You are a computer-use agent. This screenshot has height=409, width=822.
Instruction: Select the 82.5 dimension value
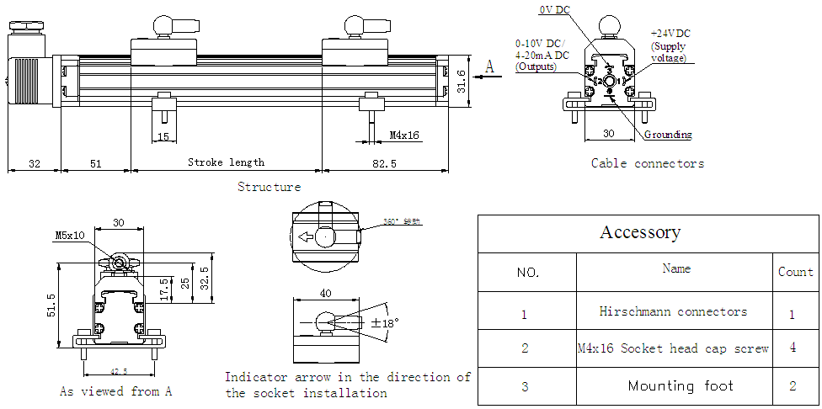coord(382,162)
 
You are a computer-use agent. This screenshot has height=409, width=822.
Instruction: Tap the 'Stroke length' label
coord(226,162)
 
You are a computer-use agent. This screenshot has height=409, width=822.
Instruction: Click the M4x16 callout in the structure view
coord(404,135)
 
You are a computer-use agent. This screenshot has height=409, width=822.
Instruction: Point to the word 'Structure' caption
coord(269,187)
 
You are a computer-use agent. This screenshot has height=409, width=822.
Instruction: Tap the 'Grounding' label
coord(668,135)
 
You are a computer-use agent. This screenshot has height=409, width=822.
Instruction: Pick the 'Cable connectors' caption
coord(647,163)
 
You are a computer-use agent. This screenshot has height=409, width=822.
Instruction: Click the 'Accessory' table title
coord(640,232)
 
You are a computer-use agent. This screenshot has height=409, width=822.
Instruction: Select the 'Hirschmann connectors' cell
coord(673,311)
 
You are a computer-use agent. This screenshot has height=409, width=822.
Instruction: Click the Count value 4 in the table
coord(793,347)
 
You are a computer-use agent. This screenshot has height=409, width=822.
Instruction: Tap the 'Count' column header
coord(795,271)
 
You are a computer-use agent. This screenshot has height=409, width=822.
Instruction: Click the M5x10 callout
coord(70,236)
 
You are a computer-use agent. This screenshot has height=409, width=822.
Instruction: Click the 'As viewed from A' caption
coord(115,391)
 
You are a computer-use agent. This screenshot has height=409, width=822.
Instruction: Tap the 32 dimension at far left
coord(35,162)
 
